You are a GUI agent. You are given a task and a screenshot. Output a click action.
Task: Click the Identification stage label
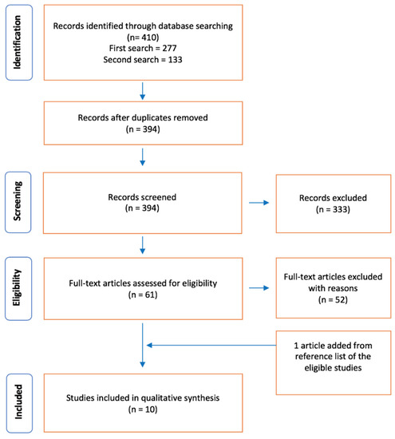[17, 42]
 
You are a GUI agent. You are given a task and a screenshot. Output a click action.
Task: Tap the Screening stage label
[17, 201]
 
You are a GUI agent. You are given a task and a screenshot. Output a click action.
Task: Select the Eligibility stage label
[17, 288]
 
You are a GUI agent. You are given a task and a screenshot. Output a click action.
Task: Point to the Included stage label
[18, 402]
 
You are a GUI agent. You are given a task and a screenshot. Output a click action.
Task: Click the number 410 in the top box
[151, 38]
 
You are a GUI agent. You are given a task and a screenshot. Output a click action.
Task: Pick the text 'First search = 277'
[143, 48]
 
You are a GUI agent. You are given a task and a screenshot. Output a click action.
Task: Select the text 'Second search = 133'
[143, 60]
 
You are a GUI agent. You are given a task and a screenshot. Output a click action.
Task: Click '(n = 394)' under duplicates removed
[143, 129]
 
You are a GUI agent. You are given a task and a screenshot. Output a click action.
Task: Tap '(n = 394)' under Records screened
[142, 208]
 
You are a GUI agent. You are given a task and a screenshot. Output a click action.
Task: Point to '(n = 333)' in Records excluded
[333, 209]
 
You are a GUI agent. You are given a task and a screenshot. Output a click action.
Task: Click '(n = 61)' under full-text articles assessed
[143, 295]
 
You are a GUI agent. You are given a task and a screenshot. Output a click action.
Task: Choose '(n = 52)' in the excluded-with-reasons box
[333, 300]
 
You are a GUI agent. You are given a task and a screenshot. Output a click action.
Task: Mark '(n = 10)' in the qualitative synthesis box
[143, 409]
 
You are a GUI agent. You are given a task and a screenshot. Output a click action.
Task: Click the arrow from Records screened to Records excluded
[259, 203]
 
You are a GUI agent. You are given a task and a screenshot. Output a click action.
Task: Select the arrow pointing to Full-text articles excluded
[259, 288]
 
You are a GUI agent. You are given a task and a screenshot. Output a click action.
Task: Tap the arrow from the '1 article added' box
[211, 345]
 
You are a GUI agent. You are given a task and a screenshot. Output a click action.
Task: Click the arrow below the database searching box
[143, 91]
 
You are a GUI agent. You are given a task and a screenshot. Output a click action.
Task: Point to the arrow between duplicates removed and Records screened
[143, 157]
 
